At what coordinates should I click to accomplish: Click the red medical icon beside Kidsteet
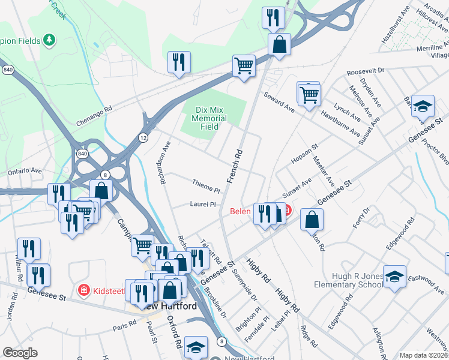click(85, 291)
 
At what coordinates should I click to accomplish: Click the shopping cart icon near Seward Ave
click(309, 94)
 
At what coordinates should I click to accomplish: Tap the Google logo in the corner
click(20, 353)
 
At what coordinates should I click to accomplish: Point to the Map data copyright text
click(424, 355)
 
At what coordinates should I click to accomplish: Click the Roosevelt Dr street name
click(365, 71)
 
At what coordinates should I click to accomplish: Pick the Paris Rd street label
click(125, 328)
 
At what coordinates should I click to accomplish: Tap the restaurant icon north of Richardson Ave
click(179, 62)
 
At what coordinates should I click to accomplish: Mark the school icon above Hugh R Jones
click(394, 276)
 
